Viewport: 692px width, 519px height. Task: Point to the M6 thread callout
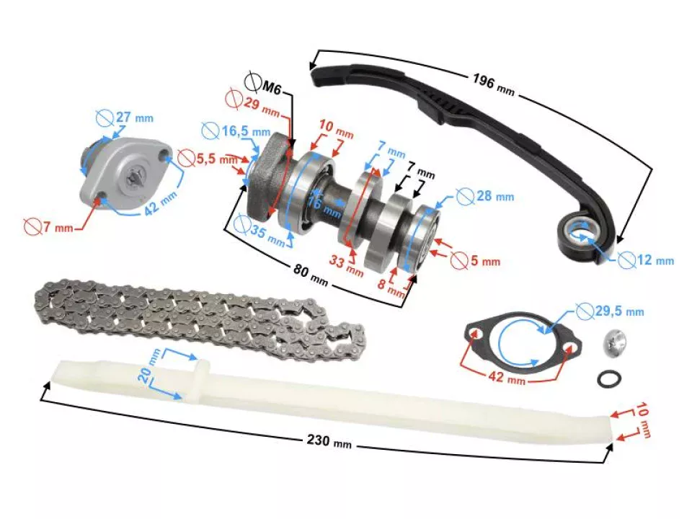coord(271,87)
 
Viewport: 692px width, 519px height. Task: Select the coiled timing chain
coord(202,320)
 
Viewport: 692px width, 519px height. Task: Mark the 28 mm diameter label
coord(493,195)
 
